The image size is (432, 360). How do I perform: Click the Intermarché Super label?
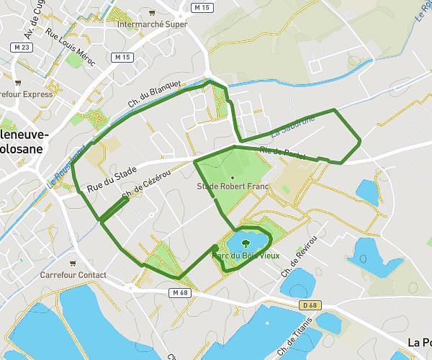tap(151, 24)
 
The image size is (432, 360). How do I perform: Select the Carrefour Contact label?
tap(73, 275)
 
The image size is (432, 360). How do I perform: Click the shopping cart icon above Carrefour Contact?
tap(73, 264)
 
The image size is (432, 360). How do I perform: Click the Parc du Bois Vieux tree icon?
tap(246, 243)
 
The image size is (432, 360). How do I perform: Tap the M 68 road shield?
tap(179, 292)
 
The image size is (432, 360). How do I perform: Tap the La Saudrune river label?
tap(293, 127)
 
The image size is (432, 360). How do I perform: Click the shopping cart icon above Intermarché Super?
tap(150, 13)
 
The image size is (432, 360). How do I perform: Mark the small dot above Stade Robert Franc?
tap(233, 177)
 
